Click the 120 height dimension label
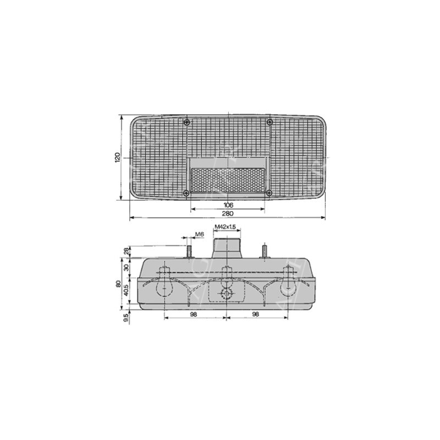point(118,157)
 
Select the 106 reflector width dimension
point(228,205)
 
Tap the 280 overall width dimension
point(228,213)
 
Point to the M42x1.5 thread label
point(225,227)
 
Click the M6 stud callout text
point(199,234)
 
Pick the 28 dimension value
point(127,251)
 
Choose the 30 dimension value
point(127,267)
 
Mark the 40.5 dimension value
point(127,290)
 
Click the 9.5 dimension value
point(127,318)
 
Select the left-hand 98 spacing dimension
point(194,314)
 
